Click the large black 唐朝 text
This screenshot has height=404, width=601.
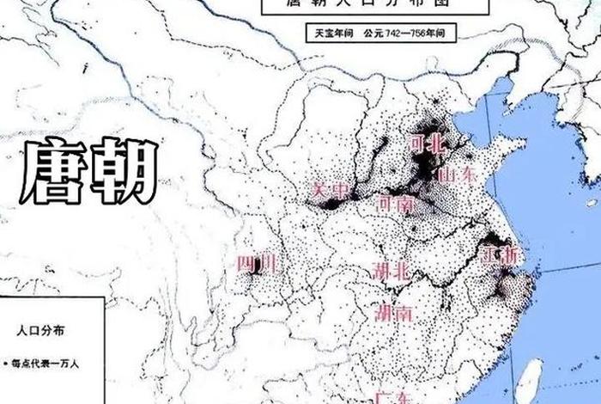(89, 171)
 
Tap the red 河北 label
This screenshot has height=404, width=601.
(426, 144)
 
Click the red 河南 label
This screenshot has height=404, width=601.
(395, 204)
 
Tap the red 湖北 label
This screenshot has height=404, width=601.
(392, 271)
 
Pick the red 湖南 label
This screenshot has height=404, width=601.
(393, 312)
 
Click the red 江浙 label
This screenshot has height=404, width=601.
(500, 255)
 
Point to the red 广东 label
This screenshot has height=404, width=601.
(391, 398)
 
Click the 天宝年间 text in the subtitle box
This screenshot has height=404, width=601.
(331, 33)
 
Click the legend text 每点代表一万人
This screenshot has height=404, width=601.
(45, 363)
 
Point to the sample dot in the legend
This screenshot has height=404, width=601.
(5, 363)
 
